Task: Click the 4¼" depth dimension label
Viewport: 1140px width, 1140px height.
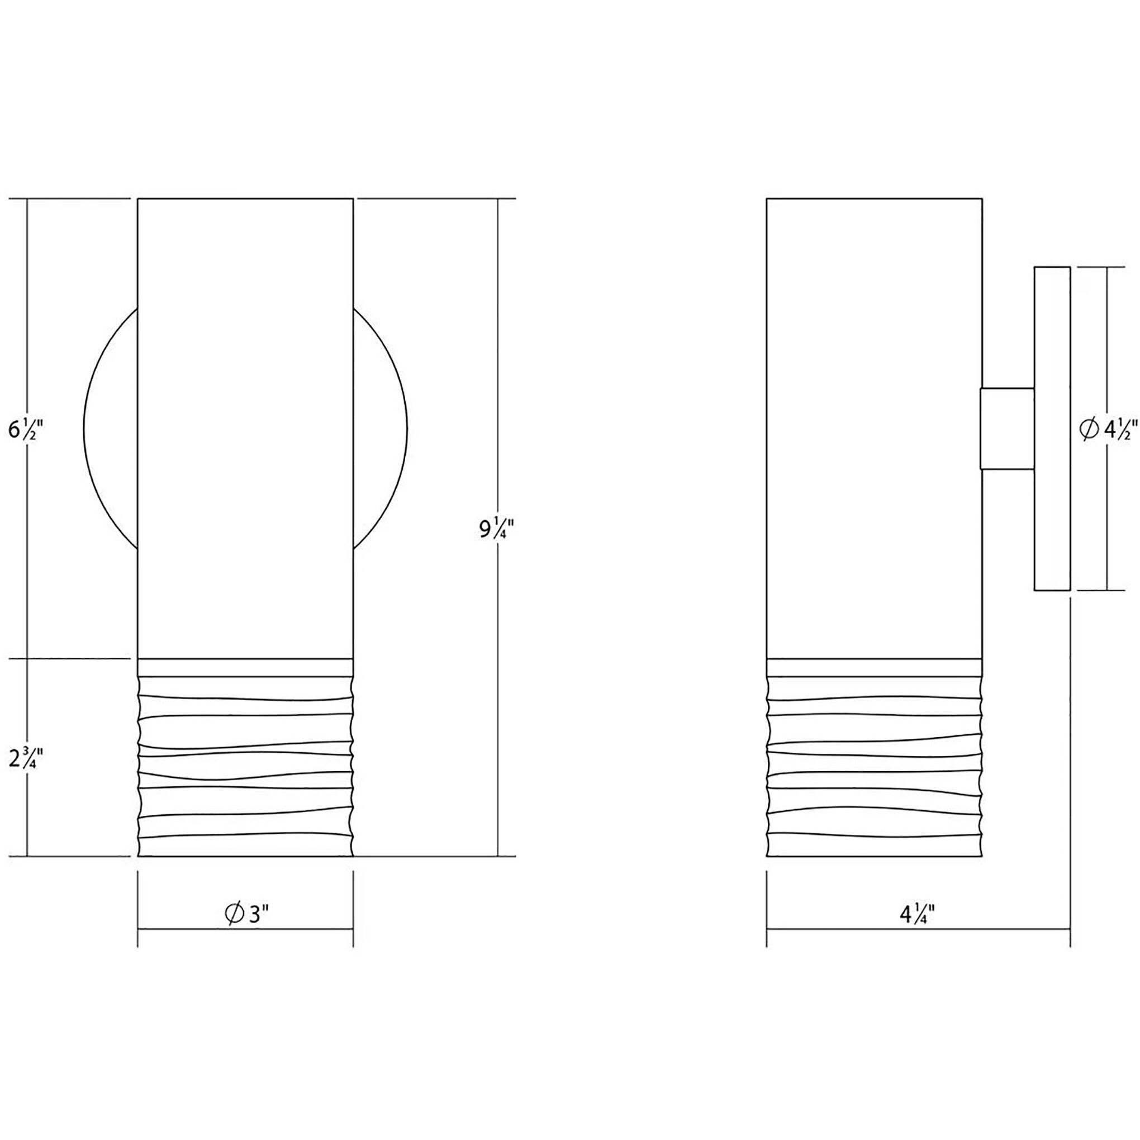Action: [x=918, y=931]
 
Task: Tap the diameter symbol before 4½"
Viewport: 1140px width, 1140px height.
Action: [x=1089, y=429]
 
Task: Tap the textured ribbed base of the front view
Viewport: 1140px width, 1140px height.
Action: [x=245, y=767]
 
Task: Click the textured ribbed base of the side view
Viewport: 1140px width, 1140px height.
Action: [x=874, y=767]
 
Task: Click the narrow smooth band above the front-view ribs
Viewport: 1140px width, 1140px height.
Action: [x=245, y=667]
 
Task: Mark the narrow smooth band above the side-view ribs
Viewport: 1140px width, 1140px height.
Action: [x=874, y=667]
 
